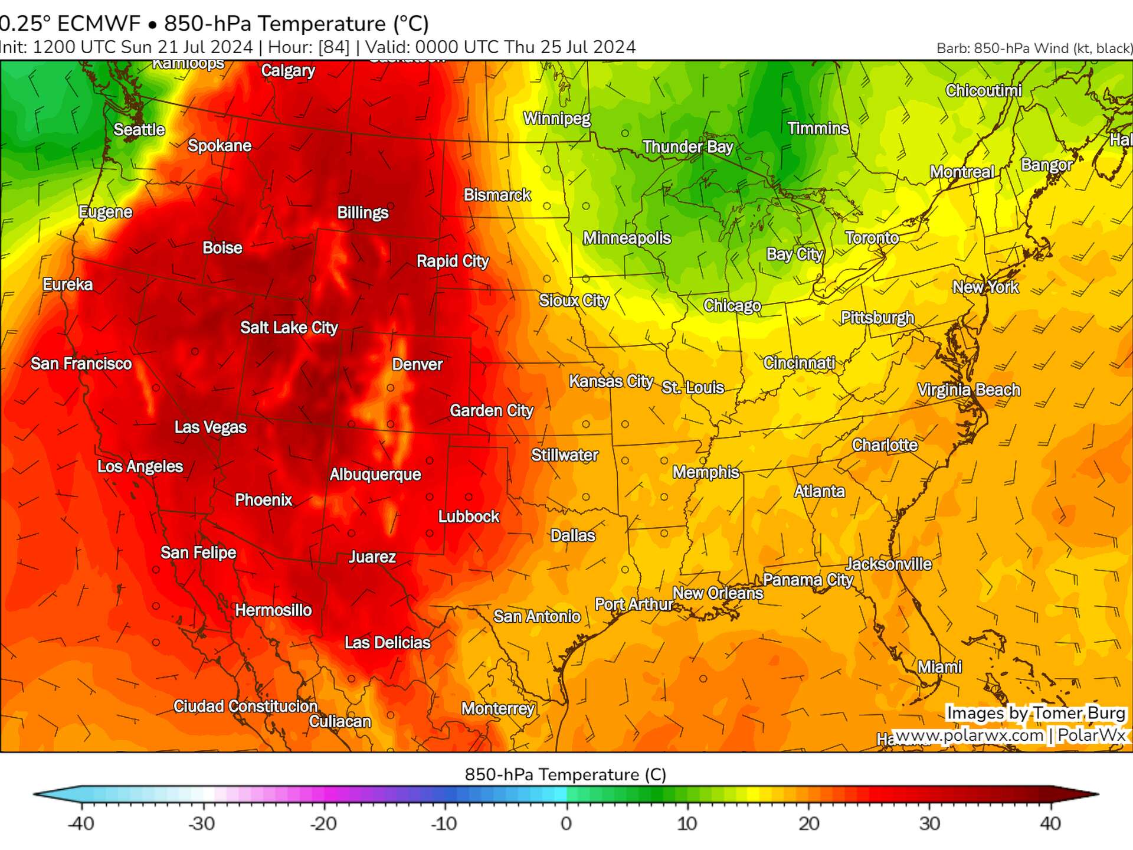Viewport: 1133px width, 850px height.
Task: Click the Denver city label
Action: [x=417, y=364]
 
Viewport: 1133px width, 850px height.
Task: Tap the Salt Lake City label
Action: [x=289, y=328]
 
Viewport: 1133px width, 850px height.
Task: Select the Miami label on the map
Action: [x=939, y=667]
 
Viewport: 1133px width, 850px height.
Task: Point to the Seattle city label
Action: [x=139, y=130]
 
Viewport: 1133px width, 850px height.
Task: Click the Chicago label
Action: [x=732, y=306]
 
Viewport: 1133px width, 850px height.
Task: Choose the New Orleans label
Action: [x=718, y=593]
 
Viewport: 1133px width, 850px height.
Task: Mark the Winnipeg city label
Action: [x=556, y=119]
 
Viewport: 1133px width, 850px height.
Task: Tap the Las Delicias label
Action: [x=387, y=642]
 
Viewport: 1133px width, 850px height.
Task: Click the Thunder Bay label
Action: [x=687, y=147]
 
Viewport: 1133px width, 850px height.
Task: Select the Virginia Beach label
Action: [x=968, y=390]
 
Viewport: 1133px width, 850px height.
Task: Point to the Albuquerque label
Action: [x=375, y=475]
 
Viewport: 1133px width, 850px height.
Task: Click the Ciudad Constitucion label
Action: [x=245, y=706]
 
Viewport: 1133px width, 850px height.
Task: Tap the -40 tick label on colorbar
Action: [x=81, y=823]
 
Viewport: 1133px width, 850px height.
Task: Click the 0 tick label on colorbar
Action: [x=566, y=823]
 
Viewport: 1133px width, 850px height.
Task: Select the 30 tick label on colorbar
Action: [x=929, y=823]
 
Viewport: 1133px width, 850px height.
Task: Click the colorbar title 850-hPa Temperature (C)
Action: [x=565, y=774]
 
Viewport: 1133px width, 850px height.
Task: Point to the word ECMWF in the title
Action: [x=99, y=24]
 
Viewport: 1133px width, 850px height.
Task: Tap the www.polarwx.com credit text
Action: [x=969, y=735]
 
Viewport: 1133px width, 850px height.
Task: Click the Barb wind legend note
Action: [x=1034, y=48]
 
